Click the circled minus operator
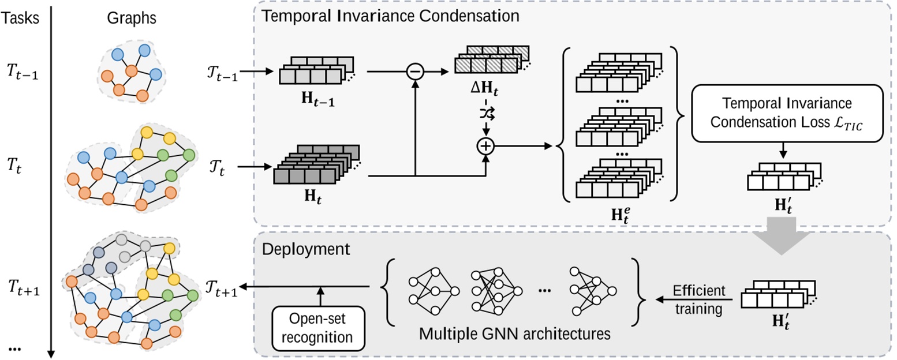click(415, 72)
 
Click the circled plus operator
click(486, 147)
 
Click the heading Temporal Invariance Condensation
click(391, 16)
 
